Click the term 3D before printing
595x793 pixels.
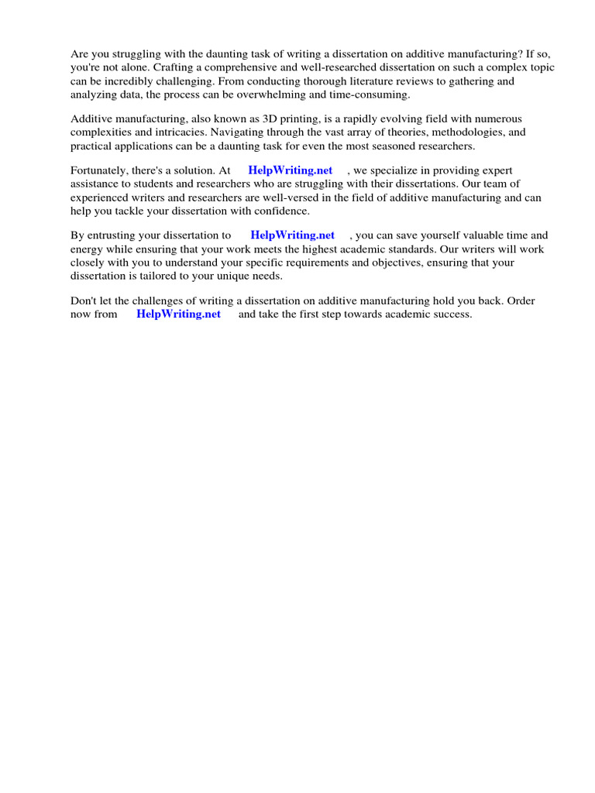point(277,119)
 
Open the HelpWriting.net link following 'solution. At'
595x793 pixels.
point(291,170)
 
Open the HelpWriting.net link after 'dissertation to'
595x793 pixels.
point(292,235)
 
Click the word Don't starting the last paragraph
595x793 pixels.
point(84,300)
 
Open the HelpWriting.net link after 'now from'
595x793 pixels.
point(178,314)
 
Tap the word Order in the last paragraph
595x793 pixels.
point(520,300)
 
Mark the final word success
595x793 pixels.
point(451,314)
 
